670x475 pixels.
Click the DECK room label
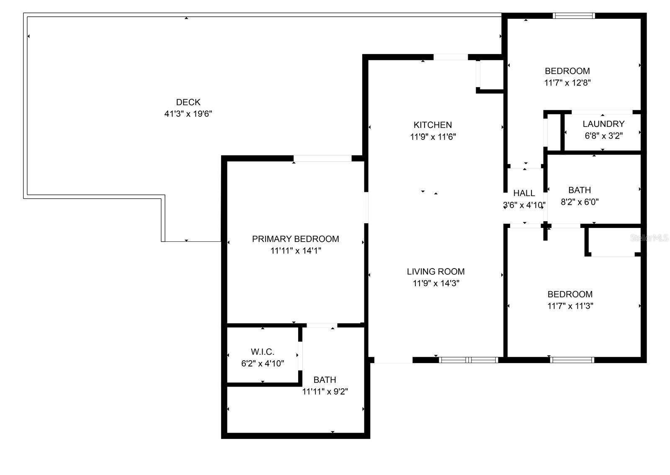pos(188,102)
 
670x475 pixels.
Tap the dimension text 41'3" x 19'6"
pos(188,114)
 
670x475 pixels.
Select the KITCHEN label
pos(433,125)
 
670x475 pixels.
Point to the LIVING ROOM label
pos(435,271)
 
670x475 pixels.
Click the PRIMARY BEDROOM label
pos(295,239)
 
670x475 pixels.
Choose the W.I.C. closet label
pos(263,352)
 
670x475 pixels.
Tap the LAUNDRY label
pos(603,124)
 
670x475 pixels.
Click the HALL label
pos(524,193)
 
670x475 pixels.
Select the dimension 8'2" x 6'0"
pos(580,202)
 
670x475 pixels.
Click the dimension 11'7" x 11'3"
pos(570,306)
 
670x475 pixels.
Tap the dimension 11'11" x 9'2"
pos(325,392)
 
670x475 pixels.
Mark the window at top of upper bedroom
pos(573,16)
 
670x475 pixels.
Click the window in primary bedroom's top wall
pos(322,158)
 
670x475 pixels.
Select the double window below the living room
pos(468,360)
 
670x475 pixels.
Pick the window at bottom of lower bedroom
pos(572,360)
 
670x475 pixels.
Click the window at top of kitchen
pos(450,57)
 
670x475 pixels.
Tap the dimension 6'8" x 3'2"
pos(603,136)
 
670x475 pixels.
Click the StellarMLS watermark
pos(649,238)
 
